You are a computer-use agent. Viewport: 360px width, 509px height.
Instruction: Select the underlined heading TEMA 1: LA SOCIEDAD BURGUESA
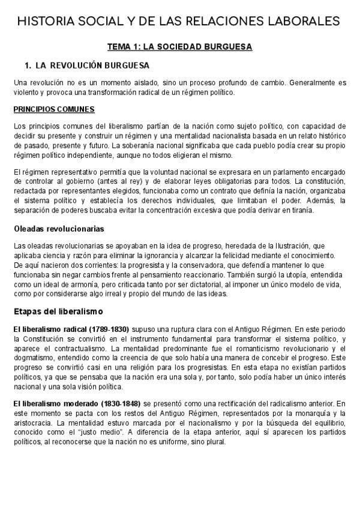click(x=179, y=46)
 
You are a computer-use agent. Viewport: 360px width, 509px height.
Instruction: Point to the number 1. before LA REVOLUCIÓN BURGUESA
click(x=27, y=65)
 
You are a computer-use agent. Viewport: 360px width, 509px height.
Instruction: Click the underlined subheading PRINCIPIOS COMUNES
click(x=53, y=109)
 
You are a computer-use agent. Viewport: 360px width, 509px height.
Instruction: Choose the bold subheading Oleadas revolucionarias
click(x=59, y=229)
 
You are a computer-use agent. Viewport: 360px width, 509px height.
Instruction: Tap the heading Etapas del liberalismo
click(x=58, y=312)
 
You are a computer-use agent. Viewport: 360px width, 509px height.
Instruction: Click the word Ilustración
click(x=285, y=246)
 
